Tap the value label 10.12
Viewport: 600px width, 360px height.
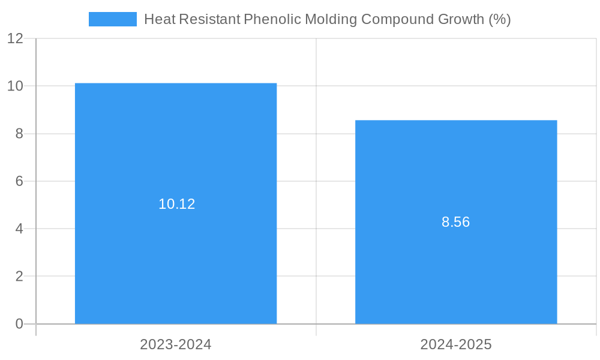tap(176, 204)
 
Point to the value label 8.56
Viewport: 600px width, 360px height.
tap(455, 222)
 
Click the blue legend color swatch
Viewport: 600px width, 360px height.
tap(112, 19)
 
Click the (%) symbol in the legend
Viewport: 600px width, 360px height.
tap(500, 19)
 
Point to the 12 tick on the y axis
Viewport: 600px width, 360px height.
tap(15, 38)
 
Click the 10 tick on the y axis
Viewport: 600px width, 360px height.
tap(15, 86)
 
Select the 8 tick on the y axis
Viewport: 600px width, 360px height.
tap(19, 134)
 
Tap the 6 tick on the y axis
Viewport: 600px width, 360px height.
tap(19, 181)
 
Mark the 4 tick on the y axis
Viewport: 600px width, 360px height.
tap(19, 229)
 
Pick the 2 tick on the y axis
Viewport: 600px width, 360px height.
tap(19, 276)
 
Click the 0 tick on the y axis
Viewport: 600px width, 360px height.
tap(19, 324)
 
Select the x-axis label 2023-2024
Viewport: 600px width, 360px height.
tap(176, 344)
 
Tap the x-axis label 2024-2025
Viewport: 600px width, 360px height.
tap(456, 344)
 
